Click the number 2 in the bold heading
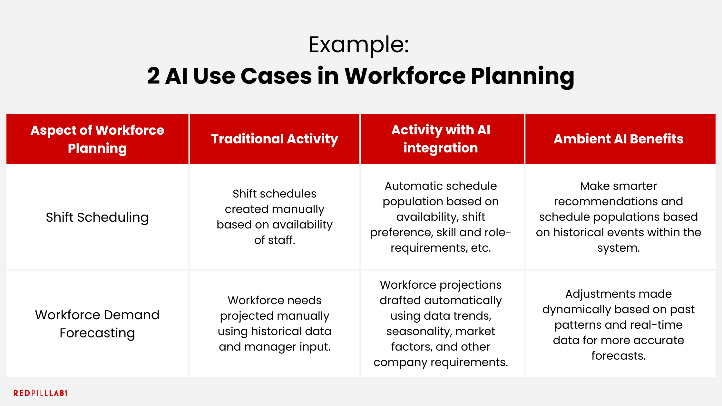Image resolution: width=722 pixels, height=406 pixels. click(x=153, y=76)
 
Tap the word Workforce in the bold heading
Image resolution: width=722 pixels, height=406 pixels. click(x=405, y=76)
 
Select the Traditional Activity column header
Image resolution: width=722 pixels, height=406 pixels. click(x=274, y=139)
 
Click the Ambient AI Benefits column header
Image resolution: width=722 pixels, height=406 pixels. click(x=618, y=139)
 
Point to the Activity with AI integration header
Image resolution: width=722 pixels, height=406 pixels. click(x=440, y=139)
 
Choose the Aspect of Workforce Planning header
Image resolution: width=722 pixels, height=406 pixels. click(x=97, y=139)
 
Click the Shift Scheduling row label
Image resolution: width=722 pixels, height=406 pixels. click(x=97, y=217)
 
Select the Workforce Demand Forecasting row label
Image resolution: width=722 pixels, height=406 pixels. click(x=97, y=324)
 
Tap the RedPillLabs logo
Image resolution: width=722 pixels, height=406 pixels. click(x=41, y=393)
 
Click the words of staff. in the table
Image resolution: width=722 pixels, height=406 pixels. click(x=274, y=240)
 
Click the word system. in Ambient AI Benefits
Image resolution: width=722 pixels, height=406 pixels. click(x=618, y=248)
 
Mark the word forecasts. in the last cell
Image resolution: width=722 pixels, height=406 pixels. click(x=618, y=356)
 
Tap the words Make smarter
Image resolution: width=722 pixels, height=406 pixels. click(x=618, y=186)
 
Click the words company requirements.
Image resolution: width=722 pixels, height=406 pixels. click(x=440, y=362)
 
